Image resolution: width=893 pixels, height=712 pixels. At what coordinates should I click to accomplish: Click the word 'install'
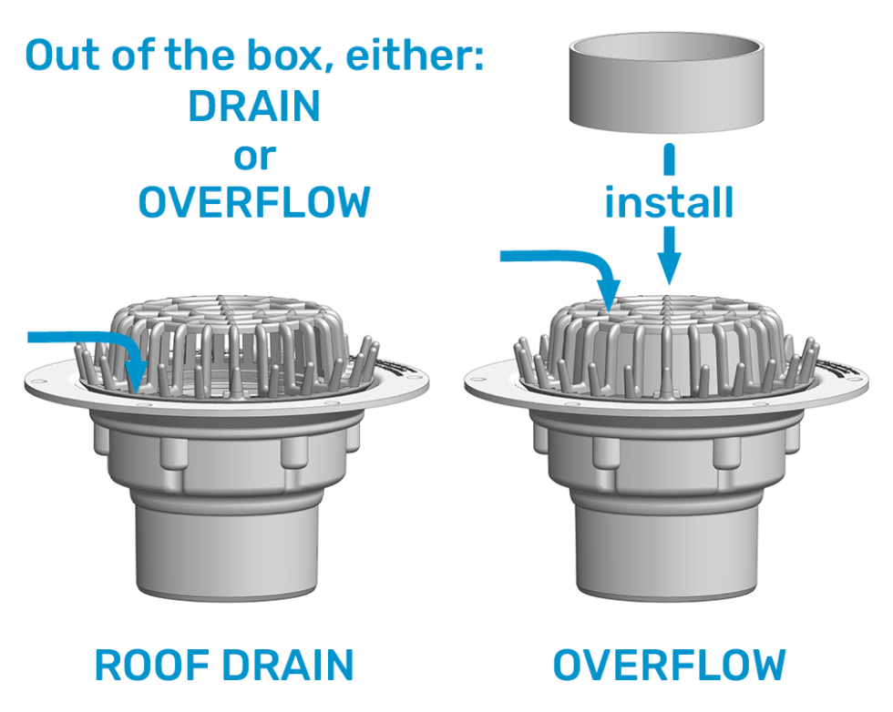(669, 202)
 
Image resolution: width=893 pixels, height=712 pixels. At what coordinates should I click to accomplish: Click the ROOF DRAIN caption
(224, 666)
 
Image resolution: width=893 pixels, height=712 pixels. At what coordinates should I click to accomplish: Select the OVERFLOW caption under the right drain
(669, 666)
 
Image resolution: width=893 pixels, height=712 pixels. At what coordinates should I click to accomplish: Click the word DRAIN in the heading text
(254, 107)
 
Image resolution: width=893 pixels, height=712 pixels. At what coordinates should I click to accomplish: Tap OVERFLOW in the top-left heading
(254, 202)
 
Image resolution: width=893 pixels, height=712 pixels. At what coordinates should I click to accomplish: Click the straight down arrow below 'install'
(669, 255)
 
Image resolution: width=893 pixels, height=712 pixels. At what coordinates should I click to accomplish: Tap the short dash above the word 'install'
(669, 160)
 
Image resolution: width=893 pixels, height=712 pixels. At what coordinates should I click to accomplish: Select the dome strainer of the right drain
(669, 337)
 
